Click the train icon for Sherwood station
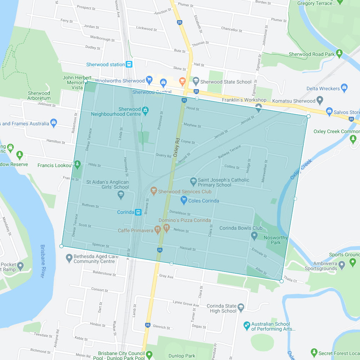pos(129,64)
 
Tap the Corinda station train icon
pos(138,212)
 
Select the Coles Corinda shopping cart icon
pos(184,201)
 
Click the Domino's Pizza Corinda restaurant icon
pos(166,227)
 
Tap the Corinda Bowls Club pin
pos(254,235)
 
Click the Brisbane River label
pos(42,261)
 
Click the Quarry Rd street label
pos(163,155)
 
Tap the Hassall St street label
pos(188,249)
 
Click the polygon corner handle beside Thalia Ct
pos(281,281)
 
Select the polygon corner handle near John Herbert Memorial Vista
pos(85,81)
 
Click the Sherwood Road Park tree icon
pos(339,54)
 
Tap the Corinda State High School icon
pos(241,307)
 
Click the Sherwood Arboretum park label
pos(39,96)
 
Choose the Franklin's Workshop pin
pos(258,107)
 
